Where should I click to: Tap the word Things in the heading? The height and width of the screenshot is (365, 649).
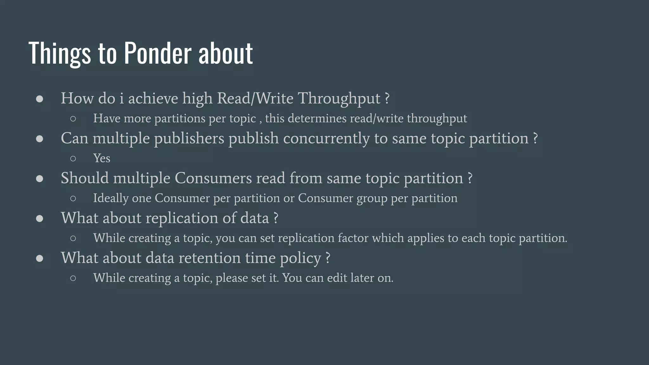tap(60, 53)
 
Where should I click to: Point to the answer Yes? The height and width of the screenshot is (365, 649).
tap(101, 158)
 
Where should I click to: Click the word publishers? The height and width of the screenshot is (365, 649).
tap(189, 139)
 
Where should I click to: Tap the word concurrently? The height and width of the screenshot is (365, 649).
tap(326, 139)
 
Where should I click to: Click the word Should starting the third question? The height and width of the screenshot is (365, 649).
tap(85, 178)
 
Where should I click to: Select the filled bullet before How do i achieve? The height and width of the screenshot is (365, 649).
tap(40, 99)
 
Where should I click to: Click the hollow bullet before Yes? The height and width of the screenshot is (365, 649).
tap(73, 158)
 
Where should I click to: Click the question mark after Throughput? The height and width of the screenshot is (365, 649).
tap(387, 99)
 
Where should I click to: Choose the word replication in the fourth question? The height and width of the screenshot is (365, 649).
tap(182, 218)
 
